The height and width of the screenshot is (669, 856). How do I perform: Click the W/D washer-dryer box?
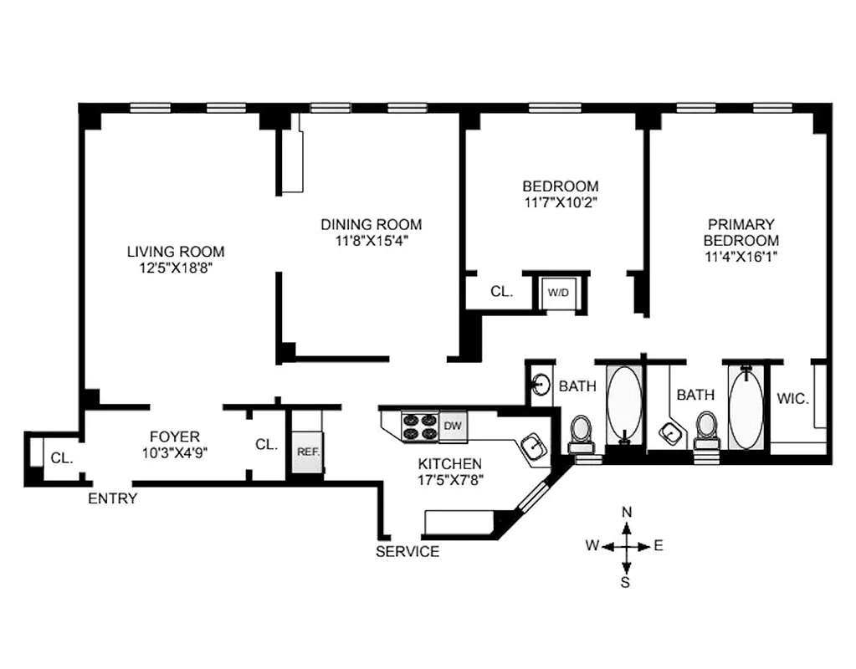click(x=556, y=293)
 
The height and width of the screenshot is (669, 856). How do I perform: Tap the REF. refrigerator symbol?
click(x=306, y=452)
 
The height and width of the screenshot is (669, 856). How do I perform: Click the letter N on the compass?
click(x=626, y=512)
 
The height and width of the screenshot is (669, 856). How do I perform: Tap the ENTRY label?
click(x=113, y=498)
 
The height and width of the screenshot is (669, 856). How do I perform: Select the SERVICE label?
click(x=407, y=552)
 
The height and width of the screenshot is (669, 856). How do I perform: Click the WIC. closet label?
click(x=792, y=399)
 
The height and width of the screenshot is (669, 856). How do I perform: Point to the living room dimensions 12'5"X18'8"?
click(x=176, y=268)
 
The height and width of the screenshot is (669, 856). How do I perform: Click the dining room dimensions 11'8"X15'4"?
click(x=372, y=241)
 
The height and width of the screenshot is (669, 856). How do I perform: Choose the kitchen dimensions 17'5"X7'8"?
click(x=449, y=480)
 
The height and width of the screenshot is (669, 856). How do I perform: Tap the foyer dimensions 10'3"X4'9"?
click(x=174, y=452)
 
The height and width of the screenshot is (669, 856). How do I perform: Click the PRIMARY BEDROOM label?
click(x=741, y=232)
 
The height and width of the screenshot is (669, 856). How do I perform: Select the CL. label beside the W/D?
click(x=501, y=292)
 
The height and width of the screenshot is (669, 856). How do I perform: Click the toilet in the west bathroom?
click(x=580, y=432)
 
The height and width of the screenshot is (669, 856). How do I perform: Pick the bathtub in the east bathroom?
click(x=746, y=404)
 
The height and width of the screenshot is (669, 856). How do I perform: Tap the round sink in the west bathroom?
click(x=542, y=386)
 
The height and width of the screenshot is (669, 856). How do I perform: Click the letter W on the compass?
click(x=592, y=546)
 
